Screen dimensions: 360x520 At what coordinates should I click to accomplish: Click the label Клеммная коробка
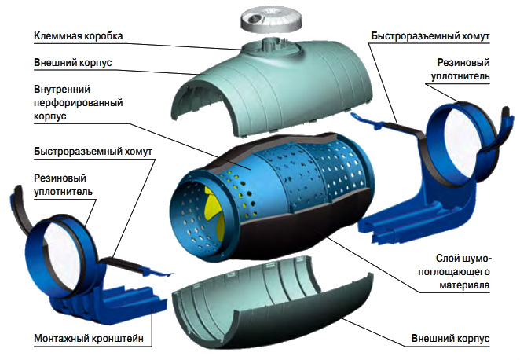click(79, 36)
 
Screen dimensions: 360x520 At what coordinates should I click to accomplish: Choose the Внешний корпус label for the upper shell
click(73, 63)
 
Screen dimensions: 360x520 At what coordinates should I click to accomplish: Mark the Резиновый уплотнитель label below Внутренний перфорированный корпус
click(63, 183)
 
